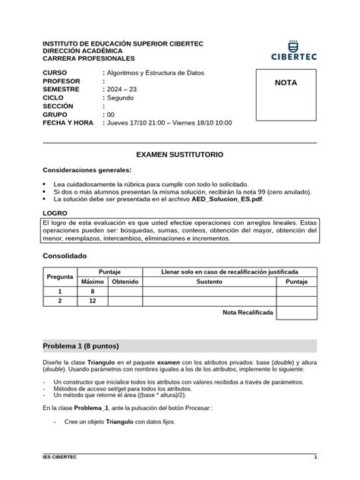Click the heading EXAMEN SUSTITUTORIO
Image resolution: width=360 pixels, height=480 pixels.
tap(180, 153)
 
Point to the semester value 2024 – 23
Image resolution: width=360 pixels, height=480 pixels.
tap(122, 89)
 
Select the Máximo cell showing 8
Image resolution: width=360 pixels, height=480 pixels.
tap(92, 291)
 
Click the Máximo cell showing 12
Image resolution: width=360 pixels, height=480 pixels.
tap(92, 302)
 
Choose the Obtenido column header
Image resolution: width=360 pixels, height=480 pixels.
tap(125, 281)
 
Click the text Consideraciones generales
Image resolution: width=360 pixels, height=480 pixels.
tap(87, 170)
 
